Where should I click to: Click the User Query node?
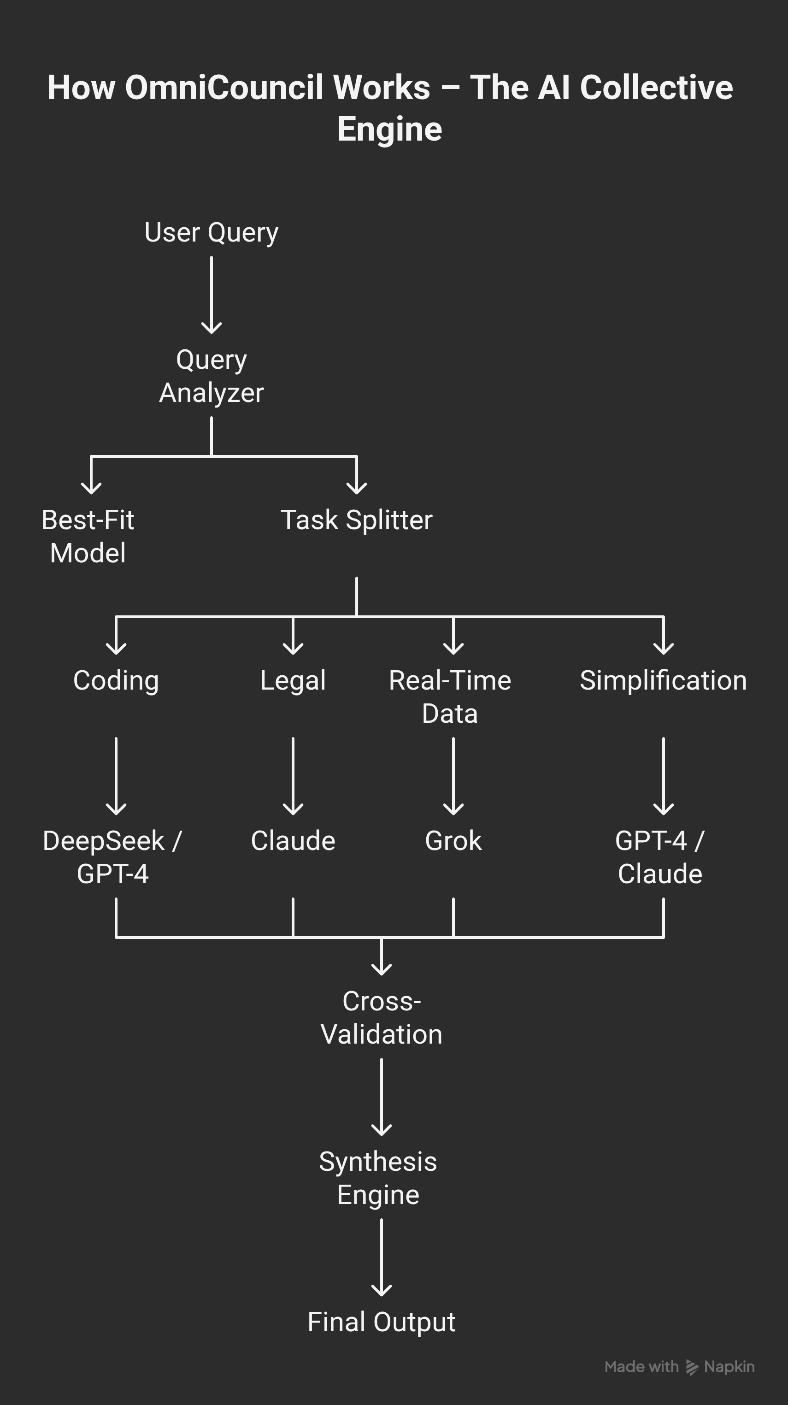click(212, 233)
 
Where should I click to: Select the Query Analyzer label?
click(212, 376)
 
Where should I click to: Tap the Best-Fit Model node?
click(88, 536)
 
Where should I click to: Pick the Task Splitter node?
click(357, 520)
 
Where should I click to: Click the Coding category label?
click(116, 681)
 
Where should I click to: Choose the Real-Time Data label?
click(450, 697)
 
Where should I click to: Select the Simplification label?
click(663, 681)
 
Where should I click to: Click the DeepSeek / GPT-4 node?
click(112, 857)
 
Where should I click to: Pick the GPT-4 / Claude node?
click(660, 857)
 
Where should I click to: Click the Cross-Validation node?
click(381, 1018)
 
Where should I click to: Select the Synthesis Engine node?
click(378, 1178)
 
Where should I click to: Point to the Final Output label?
click(381, 1322)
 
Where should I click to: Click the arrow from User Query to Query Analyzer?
click(212, 295)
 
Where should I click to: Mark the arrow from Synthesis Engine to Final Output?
click(381, 1257)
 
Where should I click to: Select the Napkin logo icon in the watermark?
click(692, 1367)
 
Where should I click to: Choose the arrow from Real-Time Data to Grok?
click(453, 776)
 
